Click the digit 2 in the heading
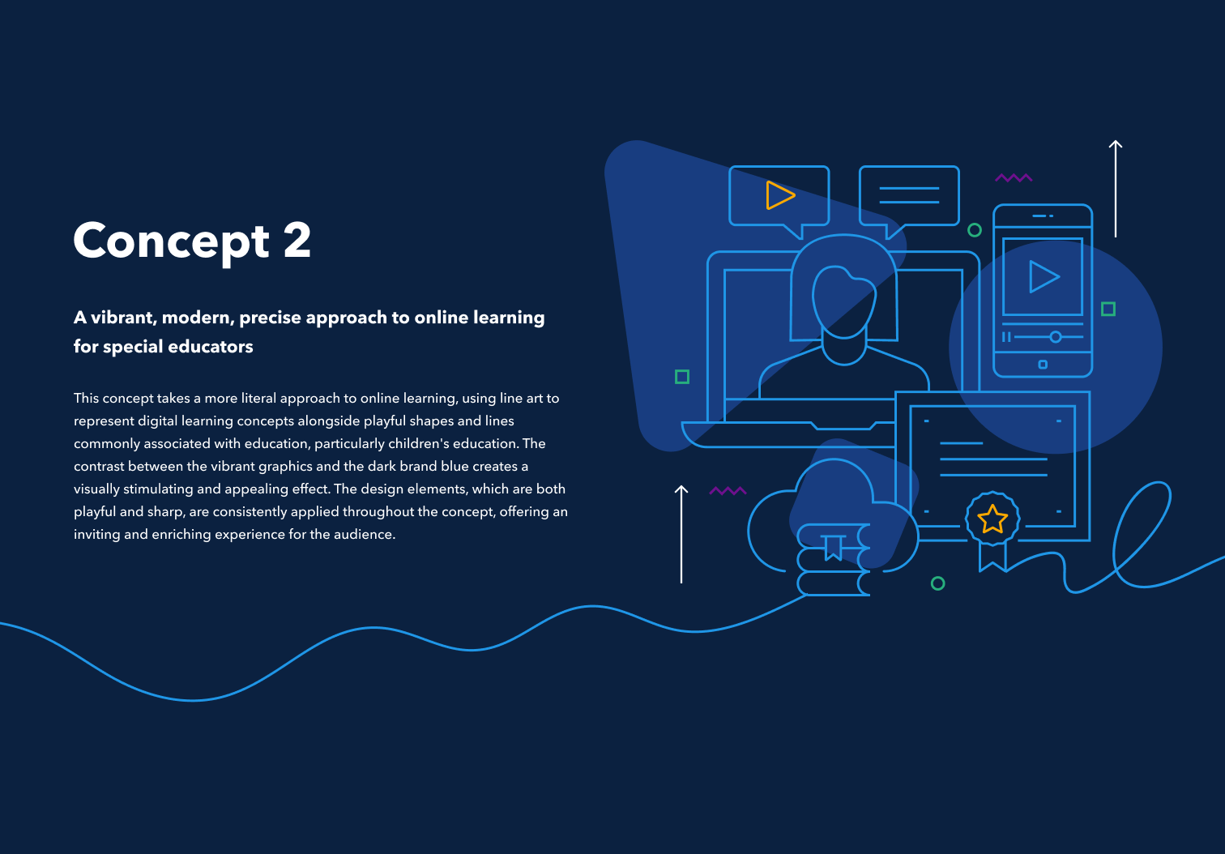[297, 241]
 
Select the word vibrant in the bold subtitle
[122, 318]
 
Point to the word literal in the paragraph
[258, 398]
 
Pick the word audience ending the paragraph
[365, 534]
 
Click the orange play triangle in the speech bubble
[779, 195]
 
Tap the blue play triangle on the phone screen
[1043, 276]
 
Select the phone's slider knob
[1055, 336]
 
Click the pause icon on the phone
[1006, 336]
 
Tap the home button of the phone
[1043, 365]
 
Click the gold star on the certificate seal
[992, 519]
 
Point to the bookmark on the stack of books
[833, 547]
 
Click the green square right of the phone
[1108, 309]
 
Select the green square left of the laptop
[682, 377]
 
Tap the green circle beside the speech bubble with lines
[975, 230]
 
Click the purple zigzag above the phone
[1014, 177]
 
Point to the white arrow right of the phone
[1116, 188]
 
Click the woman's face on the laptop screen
[843, 301]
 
